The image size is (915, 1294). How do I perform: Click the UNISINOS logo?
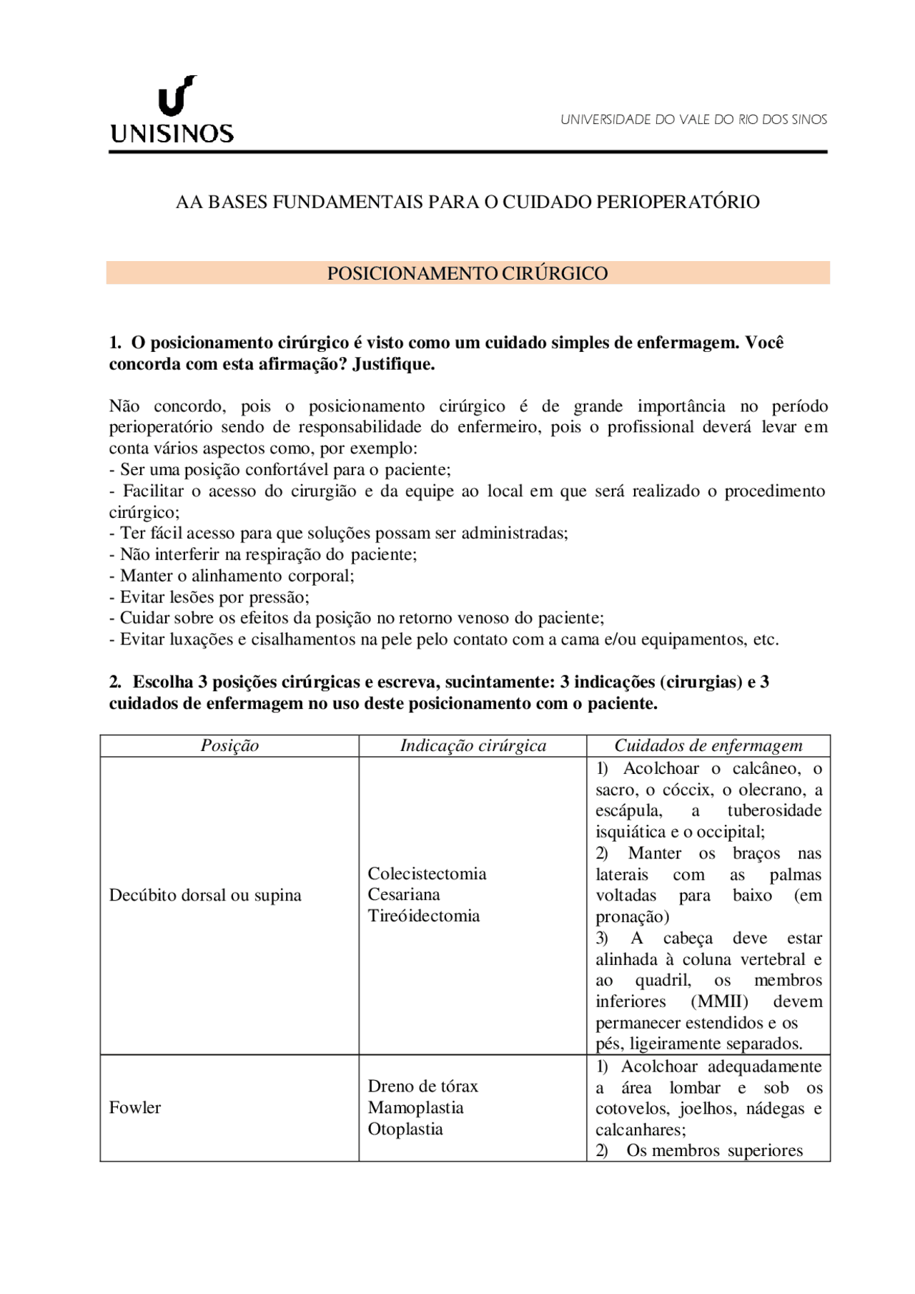point(172,111)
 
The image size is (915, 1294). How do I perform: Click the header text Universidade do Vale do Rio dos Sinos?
point(693,119)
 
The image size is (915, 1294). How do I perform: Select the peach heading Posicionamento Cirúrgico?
point(468,273)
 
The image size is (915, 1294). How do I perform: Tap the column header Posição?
point(229,745)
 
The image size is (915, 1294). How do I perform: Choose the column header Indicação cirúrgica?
point(473,745)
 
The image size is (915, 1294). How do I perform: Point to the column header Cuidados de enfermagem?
point(708,745)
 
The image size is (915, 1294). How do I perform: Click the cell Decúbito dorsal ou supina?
point(205,895)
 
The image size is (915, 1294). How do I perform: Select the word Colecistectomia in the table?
point(427,873)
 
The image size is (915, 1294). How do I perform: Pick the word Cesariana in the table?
point(404,894)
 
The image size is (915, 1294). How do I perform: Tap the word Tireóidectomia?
point(424,916)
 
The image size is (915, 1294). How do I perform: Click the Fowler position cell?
point(135,1107)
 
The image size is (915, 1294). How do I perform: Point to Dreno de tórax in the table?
point(422,1086)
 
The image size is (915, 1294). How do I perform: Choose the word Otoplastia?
point(405,1129)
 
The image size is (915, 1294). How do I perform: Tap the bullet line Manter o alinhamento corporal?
point(232,576)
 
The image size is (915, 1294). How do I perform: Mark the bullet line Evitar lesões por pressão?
point(209,597)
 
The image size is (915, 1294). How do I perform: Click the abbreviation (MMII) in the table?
point(719,1001)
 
